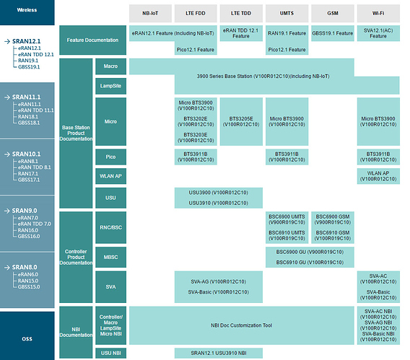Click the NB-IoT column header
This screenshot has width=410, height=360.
tap(150, 13)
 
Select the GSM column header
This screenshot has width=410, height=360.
tap(333, 13)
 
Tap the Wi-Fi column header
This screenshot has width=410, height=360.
tap(378, 13)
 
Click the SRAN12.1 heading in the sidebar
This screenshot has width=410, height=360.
tap(26, 41)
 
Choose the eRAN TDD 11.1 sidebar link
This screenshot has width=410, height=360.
tap(36, 110)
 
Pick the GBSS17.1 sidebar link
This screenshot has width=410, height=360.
tap(29, 180)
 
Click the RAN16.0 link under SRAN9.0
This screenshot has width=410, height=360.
tap(28, 230)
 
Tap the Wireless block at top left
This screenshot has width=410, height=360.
tap(27, 12)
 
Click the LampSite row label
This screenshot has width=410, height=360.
tap(111, 86)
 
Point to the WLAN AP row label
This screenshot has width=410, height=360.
tap(111, 176)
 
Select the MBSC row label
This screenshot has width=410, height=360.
tap(111, 257)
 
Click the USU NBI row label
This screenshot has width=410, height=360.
tap(111, 354)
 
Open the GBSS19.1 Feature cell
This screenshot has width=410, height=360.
tap(333, 33)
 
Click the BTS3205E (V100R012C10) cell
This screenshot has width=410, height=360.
tap(241, 121)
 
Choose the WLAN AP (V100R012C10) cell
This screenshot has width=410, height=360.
tap(378, 176)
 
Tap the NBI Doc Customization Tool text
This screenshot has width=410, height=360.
tap(242, 325)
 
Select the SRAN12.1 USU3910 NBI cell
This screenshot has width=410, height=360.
tap(219, 354)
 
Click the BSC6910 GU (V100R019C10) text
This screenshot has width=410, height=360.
tap(310, 263)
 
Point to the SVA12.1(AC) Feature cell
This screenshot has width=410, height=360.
tap(378, 33)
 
